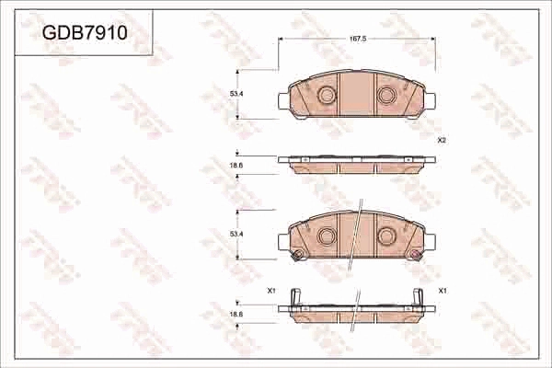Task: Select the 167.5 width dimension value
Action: tap(359, 40)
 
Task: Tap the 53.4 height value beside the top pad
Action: tap(236, 94)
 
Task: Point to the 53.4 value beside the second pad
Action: tap(236, 236)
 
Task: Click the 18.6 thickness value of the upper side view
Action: tap(236, 165)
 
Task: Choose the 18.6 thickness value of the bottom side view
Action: tap(236, 315)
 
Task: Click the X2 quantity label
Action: tap(442, 140)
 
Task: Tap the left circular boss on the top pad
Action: tap(326, 94)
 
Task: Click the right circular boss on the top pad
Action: tap(387, 94)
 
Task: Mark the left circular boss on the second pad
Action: tap(326, 236)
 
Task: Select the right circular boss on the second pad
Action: tap(387, 236)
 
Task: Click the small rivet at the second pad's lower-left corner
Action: tap(294, 256)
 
